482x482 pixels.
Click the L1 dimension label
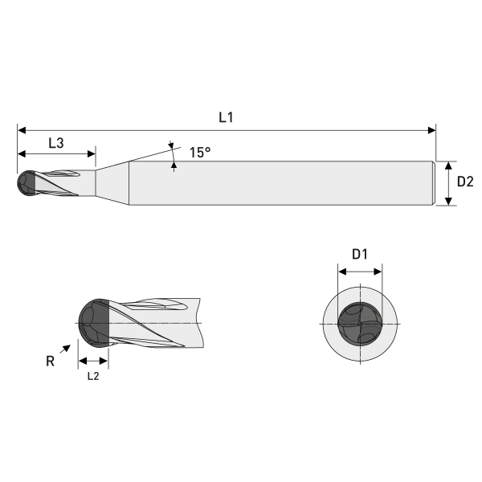point(226,117)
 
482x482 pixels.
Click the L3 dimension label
point(56,143)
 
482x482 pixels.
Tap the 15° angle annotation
point(200,151)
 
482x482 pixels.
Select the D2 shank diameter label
point(465,182)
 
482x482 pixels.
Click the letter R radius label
point(50,361)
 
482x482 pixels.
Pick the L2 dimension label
point(92,375)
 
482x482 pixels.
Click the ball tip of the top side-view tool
point(25,183)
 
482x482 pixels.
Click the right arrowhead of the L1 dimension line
point(431,129)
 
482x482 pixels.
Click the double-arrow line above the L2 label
point(92,361)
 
